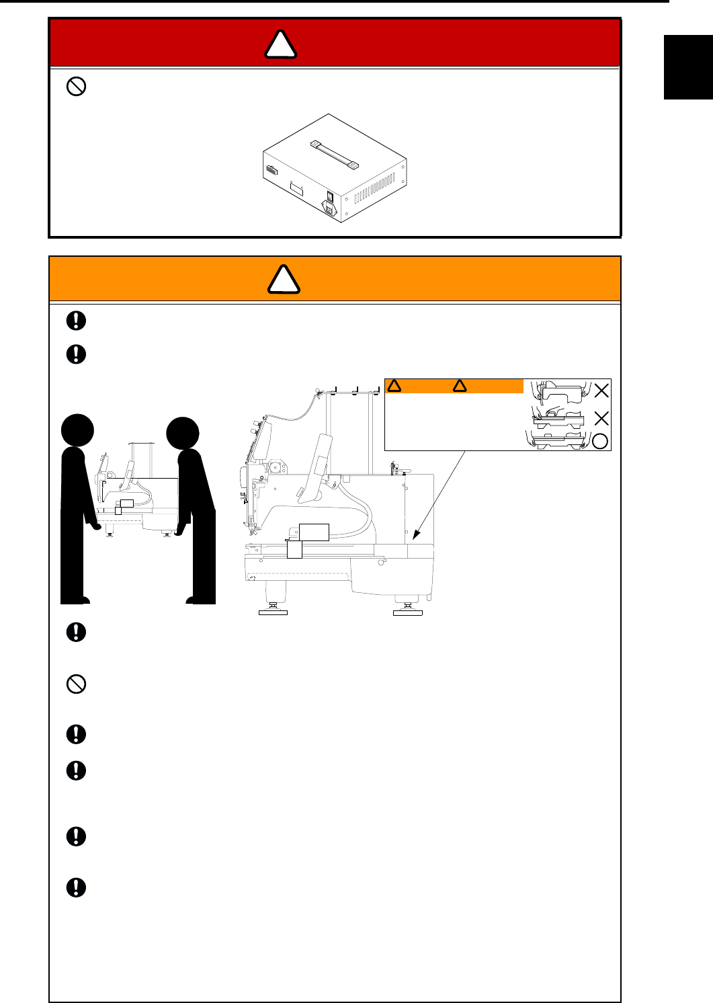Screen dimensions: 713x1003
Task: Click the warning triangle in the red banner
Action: pos(280,44)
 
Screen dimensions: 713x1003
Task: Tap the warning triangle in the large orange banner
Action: pos(284,280)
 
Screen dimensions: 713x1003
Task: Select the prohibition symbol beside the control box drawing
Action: pos(77,86)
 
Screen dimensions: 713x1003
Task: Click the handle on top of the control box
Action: pos(334,154)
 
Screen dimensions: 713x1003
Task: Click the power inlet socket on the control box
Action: pos(330,209)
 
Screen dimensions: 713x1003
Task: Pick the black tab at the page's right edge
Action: pos(688,67)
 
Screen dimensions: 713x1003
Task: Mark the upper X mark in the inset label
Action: pos(601,391)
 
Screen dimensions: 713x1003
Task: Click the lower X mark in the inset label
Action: pos(601,419)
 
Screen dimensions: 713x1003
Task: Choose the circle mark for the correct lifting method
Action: pos(600,441)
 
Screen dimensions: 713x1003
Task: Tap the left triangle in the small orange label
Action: pos(394,386)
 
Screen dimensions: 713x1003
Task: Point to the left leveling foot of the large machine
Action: pos(274,608)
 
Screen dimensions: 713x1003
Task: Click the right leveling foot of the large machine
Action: pos(407,608)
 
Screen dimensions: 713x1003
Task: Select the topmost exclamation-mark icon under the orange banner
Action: pos(77,320)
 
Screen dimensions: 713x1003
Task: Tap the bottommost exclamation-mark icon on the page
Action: pos(77,887)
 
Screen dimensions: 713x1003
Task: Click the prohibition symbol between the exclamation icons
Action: pos(77,684)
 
